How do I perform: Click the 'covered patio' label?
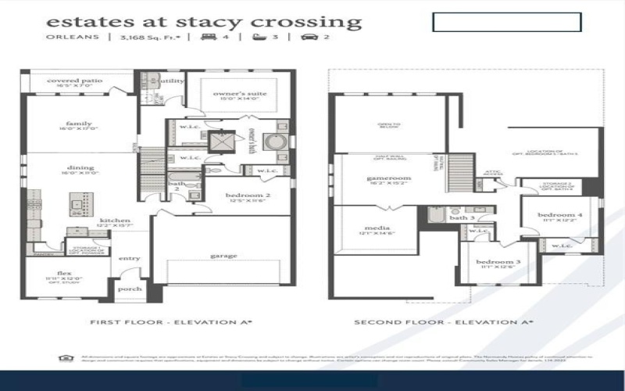point(75,81)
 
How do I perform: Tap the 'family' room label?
point(79,124)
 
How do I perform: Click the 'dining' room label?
point(80,167)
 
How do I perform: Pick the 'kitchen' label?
point(114,221)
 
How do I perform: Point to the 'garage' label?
point(223,255)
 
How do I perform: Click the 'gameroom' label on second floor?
point(388,178)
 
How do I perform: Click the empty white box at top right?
point(506,22)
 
